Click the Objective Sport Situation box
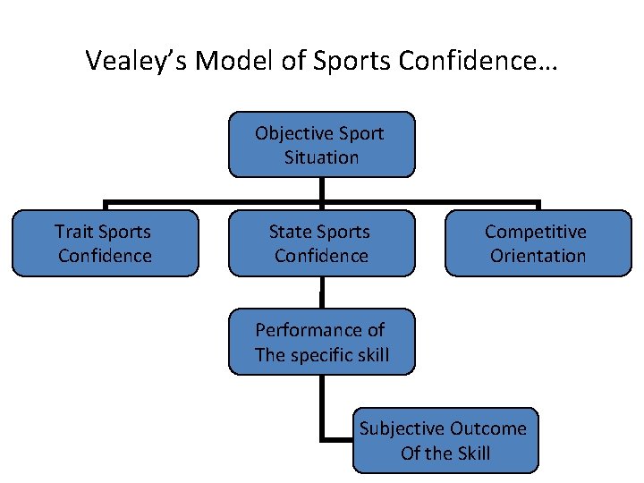pyautogui.click(x=321, y=145)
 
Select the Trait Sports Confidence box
pyautogui.click(x=105, y=243)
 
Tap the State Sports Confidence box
pyautogui.click(x=321, y=243)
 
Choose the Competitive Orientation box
pyautogui.click(x=538, y=243)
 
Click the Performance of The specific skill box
pyautogui.click(x=321, y=342)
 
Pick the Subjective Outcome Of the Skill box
pyautogui.click(x=445, y=440)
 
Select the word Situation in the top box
pyautogui.click(x=321, y=157)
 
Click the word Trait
pyautogui.click(x=72, y=232)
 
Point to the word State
pyautogui.click(x=290, y=232)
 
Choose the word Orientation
pyautogui.click(x=538, y=256)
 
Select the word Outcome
pyautogui.click(x=488, y=428)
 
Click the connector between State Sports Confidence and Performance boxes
pyautogui.click(x=321, y=292)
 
